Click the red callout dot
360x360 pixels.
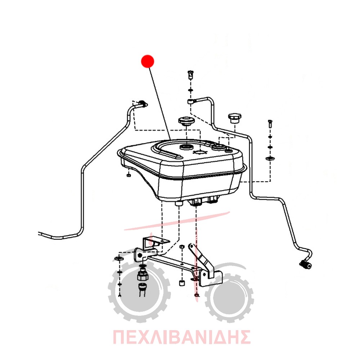147,61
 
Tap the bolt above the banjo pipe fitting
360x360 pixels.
190,75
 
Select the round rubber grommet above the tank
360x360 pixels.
186,121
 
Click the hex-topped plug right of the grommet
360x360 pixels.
234,118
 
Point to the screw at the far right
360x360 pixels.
270,124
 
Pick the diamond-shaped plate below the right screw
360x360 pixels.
270,158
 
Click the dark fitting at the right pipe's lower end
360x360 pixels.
306,265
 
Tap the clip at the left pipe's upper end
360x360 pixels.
143,103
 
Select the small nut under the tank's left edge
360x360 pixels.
129,175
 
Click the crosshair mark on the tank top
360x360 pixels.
200,152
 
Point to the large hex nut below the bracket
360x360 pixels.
143,276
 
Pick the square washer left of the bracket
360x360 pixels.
119,259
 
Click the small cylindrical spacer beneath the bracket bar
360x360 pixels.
182,283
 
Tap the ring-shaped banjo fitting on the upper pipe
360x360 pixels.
190,101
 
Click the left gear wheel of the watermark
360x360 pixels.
139,291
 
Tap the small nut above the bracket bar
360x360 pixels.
181,247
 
